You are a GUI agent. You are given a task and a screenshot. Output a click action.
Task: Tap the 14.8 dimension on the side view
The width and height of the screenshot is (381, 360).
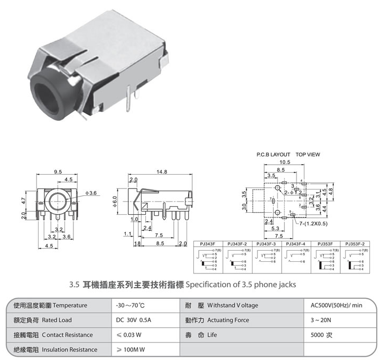(x=162, y=172)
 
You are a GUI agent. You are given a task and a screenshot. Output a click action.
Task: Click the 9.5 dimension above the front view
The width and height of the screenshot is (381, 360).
(x=58, y=172)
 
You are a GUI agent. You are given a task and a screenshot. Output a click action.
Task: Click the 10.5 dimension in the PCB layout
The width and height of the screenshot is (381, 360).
(x=285, y=163)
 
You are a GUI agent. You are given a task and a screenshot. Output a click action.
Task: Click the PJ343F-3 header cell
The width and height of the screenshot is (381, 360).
(x=267, y=244)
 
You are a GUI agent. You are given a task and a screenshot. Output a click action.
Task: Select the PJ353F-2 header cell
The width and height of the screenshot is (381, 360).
(x=355, y=244)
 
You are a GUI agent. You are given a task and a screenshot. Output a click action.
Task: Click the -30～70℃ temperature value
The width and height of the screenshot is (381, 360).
(x=131, y=306)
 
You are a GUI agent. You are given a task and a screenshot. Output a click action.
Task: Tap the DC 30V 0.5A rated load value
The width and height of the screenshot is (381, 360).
(x=133, y=320)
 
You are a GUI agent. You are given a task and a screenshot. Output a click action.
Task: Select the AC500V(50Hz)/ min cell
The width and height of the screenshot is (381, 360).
(x=337, y=306)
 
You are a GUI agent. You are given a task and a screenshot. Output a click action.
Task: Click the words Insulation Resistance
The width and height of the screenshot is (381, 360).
(x=69, y=349)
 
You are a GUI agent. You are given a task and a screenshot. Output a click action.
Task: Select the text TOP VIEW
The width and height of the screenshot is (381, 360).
(x=310, y=155)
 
